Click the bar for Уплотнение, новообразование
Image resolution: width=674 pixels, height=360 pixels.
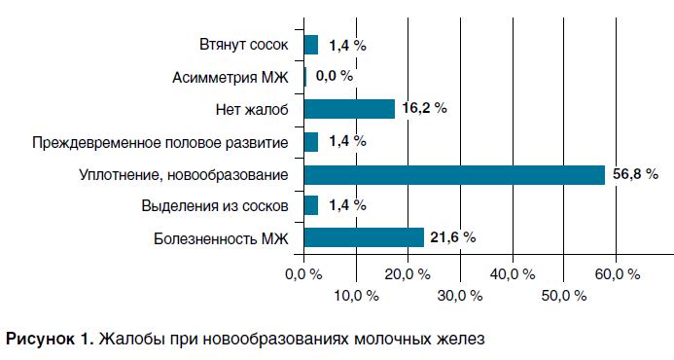(x=454, y=174)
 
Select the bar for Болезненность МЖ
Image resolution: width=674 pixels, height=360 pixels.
(x=364, y=237)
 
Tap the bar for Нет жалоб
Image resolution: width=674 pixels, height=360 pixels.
(x=349, y=109)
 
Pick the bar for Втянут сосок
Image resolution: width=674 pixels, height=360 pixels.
(x=311, y=45)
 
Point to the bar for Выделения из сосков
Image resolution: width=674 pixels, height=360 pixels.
(x=311, y=205)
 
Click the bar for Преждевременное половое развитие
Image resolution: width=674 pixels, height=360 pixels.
(x=311, y=142)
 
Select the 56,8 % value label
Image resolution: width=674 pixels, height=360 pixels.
(x=635, y=174)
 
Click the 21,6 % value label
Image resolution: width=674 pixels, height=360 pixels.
(x=453, y=237)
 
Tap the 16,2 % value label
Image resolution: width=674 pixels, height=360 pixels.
(x=424, y=109)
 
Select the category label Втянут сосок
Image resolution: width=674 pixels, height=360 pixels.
(x=244, y=45)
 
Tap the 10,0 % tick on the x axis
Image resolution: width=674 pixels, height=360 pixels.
(x=356, y=295)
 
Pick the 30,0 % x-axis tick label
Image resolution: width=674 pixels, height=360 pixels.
(x=459, y=295)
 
